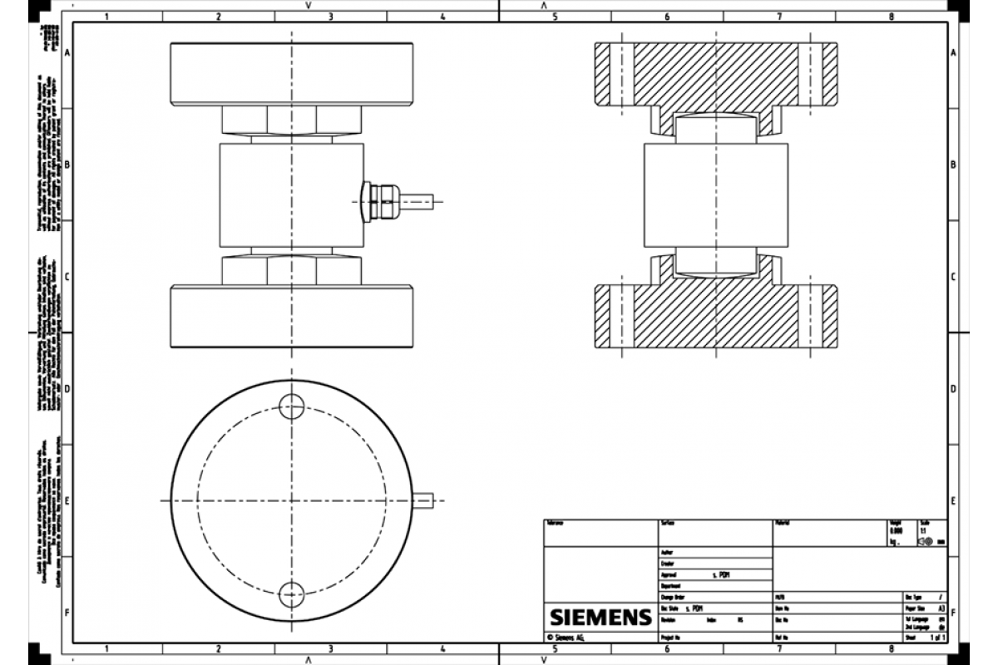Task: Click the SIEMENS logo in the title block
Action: click(x=600, y=618)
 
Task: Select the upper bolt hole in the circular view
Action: click(x=291, y=406)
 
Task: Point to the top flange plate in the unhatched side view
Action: click(x=291, y=74)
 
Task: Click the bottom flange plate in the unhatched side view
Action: click(x=291, y=317)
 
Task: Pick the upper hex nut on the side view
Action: click(x=291, y=121)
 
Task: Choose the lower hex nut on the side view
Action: click(x=291, y=270)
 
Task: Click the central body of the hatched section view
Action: click(x=716, y=196)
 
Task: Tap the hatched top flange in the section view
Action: click(x=716, y=74)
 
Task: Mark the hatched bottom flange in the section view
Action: click(x=716, y=317)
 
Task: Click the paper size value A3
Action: click(x=941, y=608)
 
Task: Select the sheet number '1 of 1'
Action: click(x=937, y=638)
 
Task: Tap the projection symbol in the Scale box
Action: click(x=926, y=540)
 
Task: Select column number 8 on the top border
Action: click(x=891, y=16)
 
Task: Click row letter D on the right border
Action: click(x=953, y=389)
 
